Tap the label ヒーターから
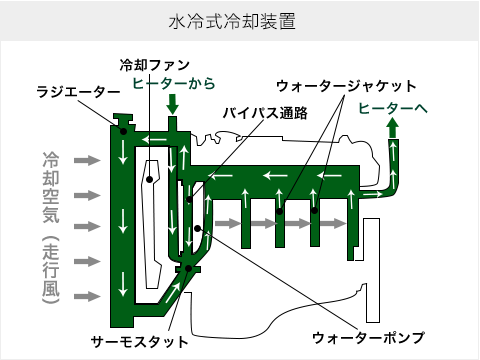point(174,83)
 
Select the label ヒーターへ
point(393,107)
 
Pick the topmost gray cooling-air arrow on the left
point(87,160)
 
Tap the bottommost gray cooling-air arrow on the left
point(87,297)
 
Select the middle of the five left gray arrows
point(87,227)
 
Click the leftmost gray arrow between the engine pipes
point(229,223)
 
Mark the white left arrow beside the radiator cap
point(153,139)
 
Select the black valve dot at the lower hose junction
point(186,267)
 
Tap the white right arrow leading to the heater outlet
point(371,193)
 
